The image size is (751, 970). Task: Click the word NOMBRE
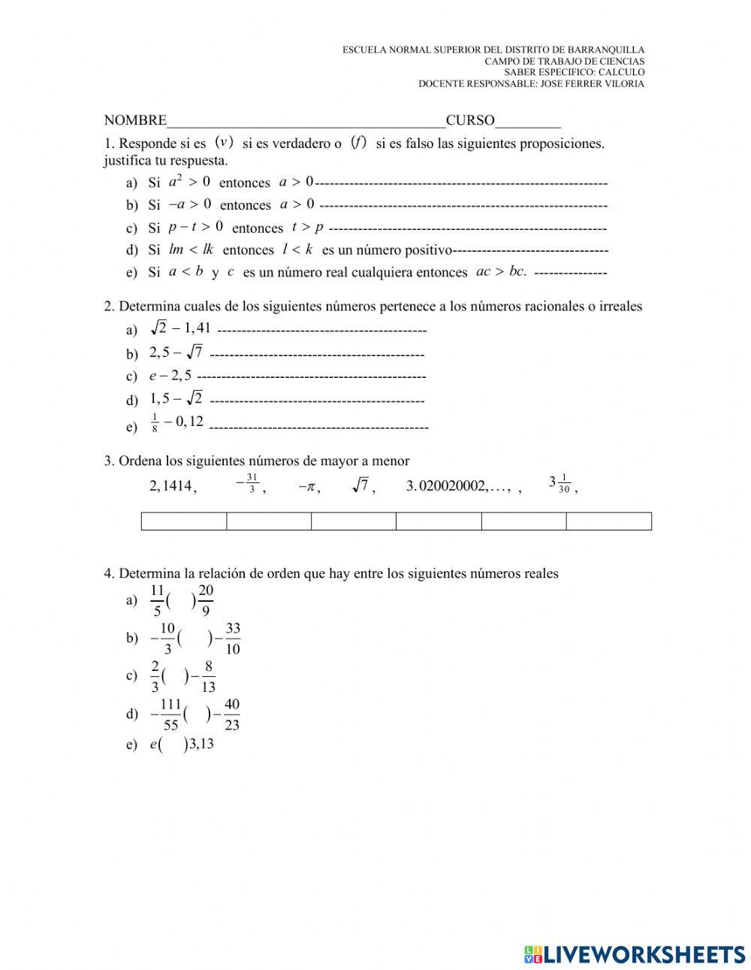135,120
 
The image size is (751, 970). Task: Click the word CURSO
470,120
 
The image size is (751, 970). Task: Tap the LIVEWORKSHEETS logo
635,954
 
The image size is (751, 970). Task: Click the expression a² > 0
189,181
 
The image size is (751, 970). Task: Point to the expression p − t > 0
195,226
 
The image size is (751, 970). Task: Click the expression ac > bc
501,271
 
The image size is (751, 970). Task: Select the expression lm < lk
192,249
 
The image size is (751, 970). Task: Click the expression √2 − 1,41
181,328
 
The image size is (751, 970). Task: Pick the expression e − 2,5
170,376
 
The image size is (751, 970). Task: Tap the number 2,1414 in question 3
171,486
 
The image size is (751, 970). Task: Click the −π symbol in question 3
307,486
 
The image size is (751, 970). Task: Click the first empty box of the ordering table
184,521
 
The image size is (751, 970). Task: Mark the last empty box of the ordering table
608,521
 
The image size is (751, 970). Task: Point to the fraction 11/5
157,600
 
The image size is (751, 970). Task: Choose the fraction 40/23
232,714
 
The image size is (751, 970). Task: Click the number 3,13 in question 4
201,745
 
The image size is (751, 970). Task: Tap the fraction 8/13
208,676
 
